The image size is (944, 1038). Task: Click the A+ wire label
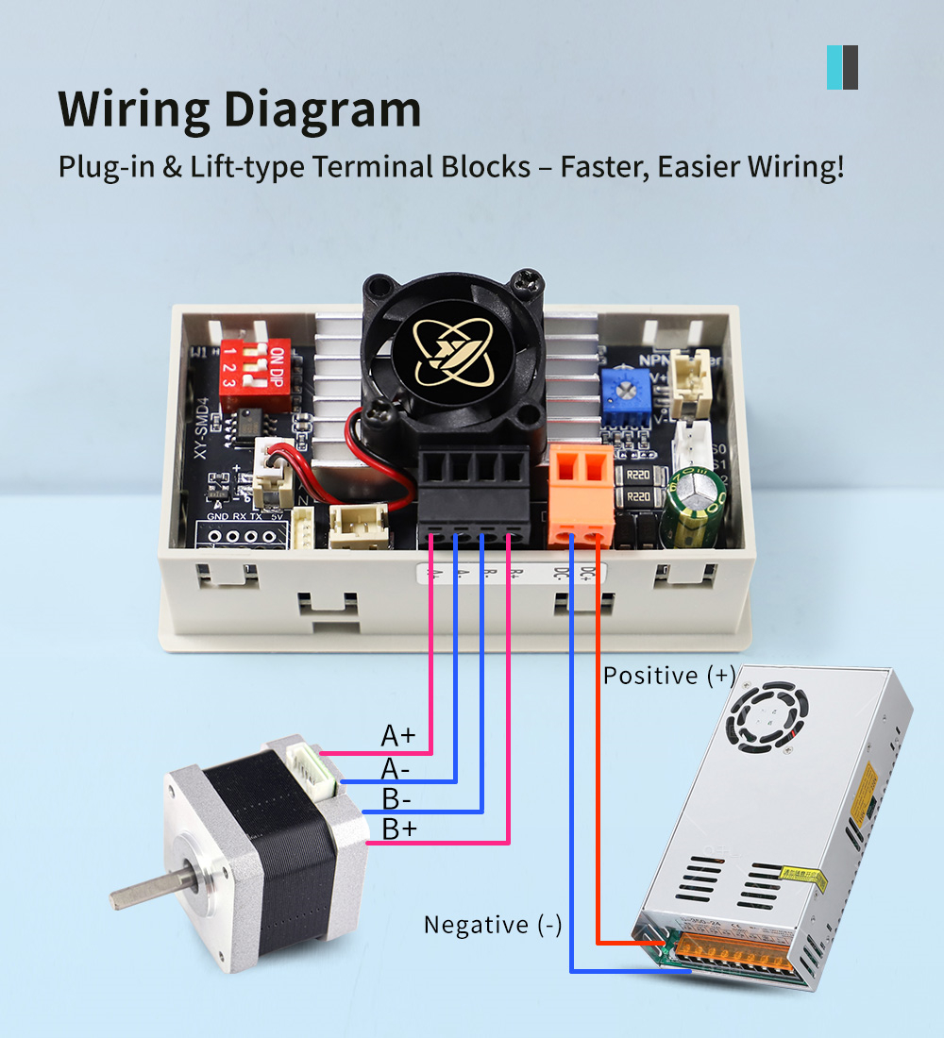click(x=397, y=735)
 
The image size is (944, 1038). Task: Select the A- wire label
click(x=396, y=769)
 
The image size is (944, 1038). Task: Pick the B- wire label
click(x=396, y=799)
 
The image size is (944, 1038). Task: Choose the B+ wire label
click(x=397, y=830)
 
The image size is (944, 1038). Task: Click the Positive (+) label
click(x=668, y=676)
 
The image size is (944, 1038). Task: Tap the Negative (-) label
click(x=492, y=925)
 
